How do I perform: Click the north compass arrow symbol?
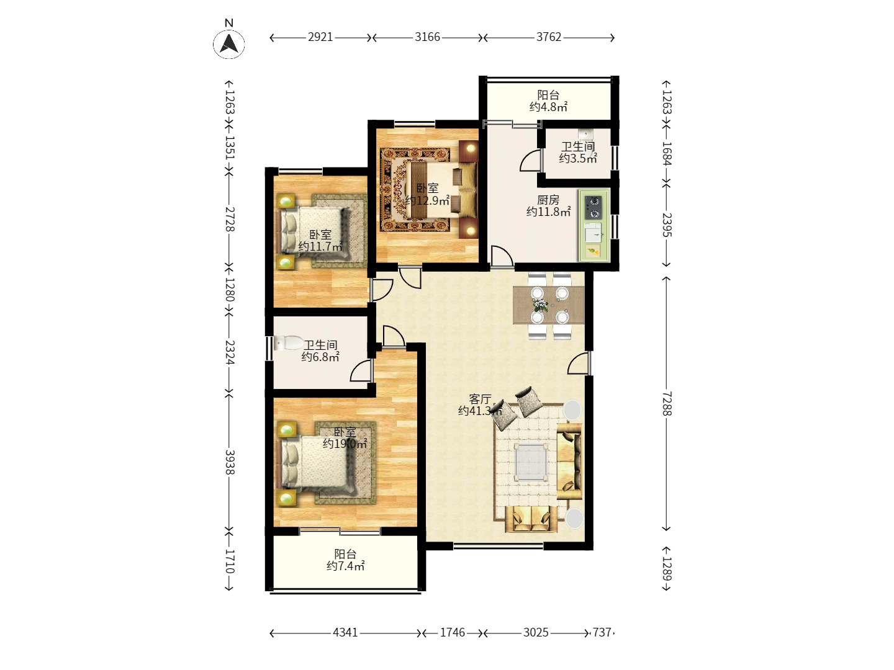(229, 43)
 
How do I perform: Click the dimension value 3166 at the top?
(427, 37)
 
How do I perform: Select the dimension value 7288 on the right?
(666, 403)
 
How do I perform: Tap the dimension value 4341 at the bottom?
(345, 633)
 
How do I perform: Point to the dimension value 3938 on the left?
(230, 462)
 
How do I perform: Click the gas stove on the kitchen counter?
(593, 207)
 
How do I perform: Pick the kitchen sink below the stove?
(593, 232)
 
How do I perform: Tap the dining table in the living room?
(549, 305)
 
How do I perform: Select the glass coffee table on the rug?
(531, 463)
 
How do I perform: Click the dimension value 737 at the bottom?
(602, 633)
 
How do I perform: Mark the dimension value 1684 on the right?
(666, 153)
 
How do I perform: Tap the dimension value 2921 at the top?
(320, 37)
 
